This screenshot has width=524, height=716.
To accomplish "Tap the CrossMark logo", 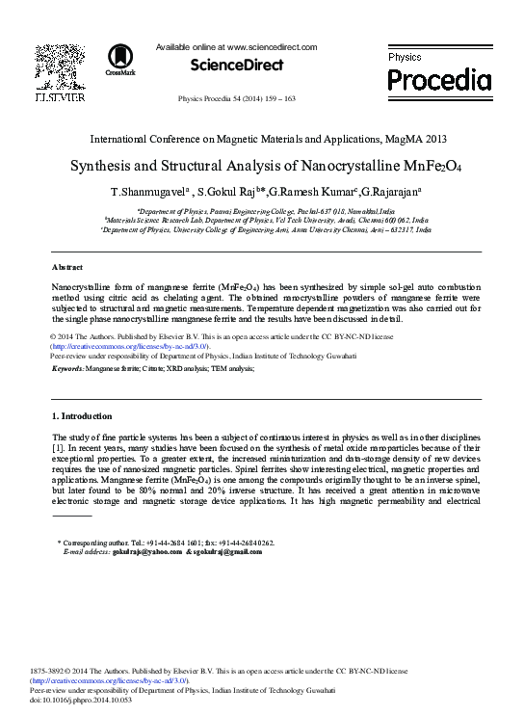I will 120,60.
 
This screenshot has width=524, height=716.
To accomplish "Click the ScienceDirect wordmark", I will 237,65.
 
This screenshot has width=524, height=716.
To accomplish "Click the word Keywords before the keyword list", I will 66,369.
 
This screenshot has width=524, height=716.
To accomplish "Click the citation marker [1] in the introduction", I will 57,448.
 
